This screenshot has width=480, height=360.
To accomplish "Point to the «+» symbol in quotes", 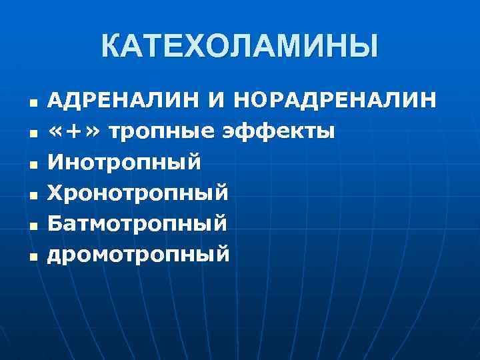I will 75,131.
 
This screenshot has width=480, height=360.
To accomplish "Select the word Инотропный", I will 125,162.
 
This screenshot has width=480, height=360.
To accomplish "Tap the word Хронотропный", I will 139,193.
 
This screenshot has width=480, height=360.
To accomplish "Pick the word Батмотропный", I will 138,224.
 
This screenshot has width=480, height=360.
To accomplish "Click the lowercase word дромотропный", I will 139,255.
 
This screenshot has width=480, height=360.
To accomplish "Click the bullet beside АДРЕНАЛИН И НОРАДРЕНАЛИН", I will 32,102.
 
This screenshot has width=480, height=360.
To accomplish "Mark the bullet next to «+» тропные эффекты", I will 32,133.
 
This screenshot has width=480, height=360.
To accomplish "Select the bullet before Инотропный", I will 32,164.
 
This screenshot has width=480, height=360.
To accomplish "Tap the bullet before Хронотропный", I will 32,195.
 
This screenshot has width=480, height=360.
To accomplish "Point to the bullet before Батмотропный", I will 32,226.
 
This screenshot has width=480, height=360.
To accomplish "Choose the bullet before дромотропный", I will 32,257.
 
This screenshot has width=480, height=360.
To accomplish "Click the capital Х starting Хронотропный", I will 57,193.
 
